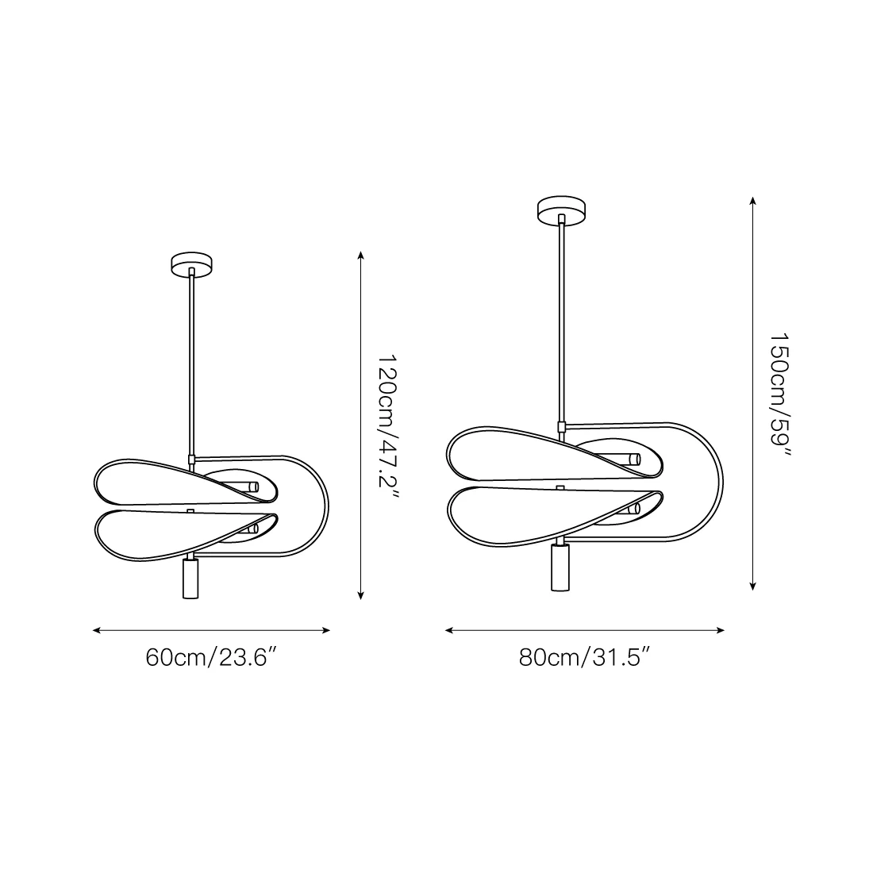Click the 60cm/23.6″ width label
pyautogui.click(x=211, y=658)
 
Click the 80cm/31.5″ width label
pyautogui.click(x=585, y=658)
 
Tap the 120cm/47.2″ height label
pyautogui.click(x=388, y=427)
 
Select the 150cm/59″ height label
pyautogui.click(x=780, y=394)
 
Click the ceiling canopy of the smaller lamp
pyautogui.click(x=191, y=264)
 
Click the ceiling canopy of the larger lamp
pyautogui.click(x=561, y=210)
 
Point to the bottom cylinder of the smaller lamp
pyautogui.click(x=190, y=579)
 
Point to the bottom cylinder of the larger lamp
pyautogui.click(x=560, y=567)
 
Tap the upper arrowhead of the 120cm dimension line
pyautogui.click(x=361, y=256)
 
